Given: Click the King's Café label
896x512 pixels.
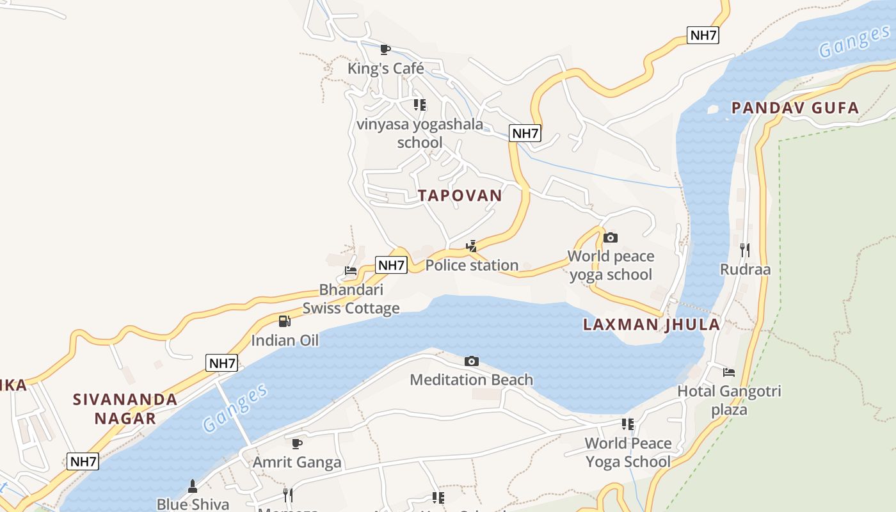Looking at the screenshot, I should pos(385,68).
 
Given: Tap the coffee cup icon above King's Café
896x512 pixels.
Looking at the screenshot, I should pos(385,49).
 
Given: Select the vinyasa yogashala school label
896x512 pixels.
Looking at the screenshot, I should pos(420,133).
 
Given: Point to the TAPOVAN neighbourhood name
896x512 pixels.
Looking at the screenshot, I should pos(460,196).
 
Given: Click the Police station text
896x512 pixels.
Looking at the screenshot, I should pos(472,265).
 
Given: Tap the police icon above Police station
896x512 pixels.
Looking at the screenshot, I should pos(472,246).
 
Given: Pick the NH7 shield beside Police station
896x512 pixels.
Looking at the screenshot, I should pos(391,265).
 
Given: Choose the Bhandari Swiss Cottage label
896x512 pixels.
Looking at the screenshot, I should pos(351,299).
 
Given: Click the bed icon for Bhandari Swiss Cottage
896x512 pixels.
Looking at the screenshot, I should pos(351,271).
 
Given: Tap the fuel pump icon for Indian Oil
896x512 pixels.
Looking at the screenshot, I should pos(285,321).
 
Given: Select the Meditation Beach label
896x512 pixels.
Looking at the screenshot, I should pos(471,380).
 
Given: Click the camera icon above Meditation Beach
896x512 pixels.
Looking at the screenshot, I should pos(472,362).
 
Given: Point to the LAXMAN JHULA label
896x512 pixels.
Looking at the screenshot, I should pos(652,324).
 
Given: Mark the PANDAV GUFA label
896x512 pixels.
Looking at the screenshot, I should pos(795,108).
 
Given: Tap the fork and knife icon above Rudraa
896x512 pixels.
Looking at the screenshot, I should pos(744,250).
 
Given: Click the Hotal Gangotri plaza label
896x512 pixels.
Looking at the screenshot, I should pos(729,400).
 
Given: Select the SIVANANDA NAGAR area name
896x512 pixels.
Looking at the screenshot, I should pos(125,409).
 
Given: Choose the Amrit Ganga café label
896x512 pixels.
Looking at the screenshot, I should pos(297,462).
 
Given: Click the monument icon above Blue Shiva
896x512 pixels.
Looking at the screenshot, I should pos(192,486).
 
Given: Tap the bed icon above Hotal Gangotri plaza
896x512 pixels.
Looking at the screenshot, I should pos(728,372).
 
